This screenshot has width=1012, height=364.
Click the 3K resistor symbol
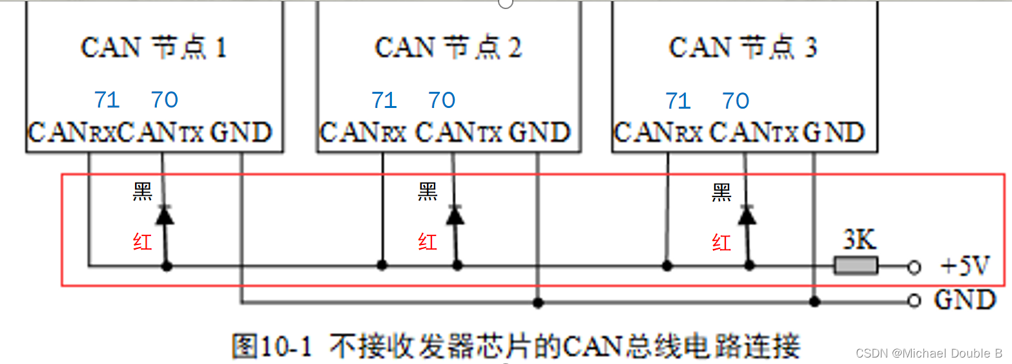click(x=856, y=265)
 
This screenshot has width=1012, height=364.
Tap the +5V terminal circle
click(x=913, y=266)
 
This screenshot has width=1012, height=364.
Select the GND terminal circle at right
click(x=913, y=301)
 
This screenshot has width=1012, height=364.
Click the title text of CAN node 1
click(x=153, y=48)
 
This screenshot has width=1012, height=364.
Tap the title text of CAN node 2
click(x=448, y=48)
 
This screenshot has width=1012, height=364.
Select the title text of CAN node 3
click(x=742, y=48)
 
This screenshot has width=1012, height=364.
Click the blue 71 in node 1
click(x=107, y=100)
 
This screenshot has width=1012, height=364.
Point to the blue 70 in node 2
click(x=442, y=100)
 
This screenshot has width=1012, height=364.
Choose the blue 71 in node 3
click(x=678, y=101)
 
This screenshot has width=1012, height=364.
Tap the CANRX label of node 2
click(x=364, y=133)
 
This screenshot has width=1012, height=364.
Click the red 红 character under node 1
click(x=142, y=242)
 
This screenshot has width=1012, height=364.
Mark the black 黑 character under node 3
click(x=721, y=192)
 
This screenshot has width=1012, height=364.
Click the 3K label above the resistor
click(x=859, y=241)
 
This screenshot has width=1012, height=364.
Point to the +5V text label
click(x=965, y=266)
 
